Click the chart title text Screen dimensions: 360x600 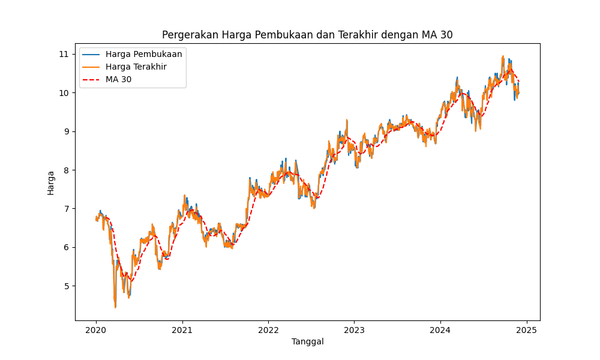[x=307, y=35]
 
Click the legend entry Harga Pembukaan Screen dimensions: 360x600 [x=143, y=54]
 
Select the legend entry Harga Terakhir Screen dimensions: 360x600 [x=136, y=67]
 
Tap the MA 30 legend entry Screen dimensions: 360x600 [x=118, y=79]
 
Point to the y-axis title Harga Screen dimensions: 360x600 [x=51, y=182]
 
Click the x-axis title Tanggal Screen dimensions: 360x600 [x=307, y=341]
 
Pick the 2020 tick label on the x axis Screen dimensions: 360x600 [x=96, y=330]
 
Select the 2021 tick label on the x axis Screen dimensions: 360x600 [x=182, y=330]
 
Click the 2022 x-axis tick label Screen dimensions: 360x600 [x=268, y=330]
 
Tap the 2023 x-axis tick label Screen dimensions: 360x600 [x=354, y=330]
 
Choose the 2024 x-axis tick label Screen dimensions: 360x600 [x=440, y=330]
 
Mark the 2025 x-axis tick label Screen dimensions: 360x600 [x=526, y=330]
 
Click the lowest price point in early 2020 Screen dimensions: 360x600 [x=115, y=307]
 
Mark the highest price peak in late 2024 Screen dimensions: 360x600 [x=503, y=56]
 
